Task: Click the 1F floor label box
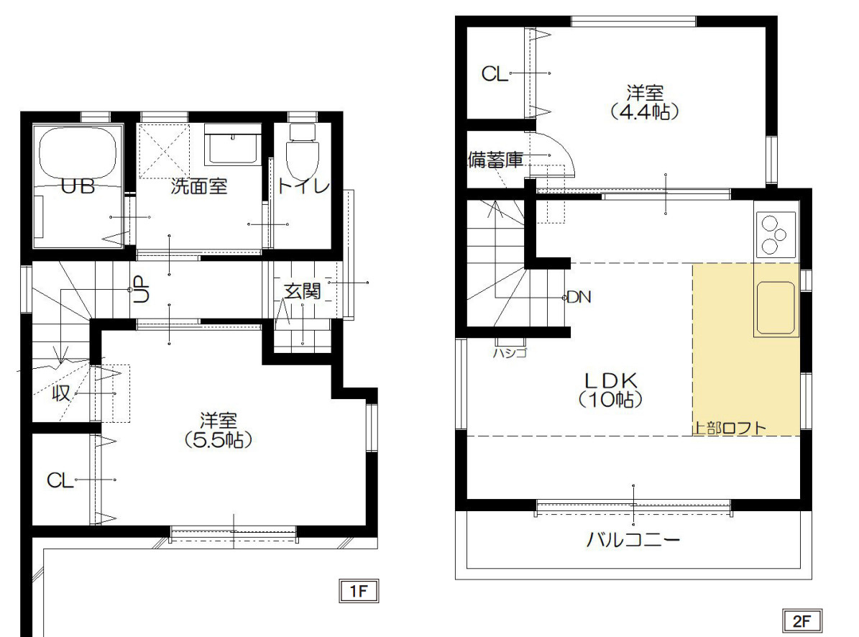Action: (359, 591)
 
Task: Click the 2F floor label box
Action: (801, 620)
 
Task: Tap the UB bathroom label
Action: (78, 186)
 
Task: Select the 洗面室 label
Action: (199, 186)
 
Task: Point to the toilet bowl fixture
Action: (303, 151)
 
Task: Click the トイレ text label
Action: (303, 186)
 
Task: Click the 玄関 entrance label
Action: (302, 291)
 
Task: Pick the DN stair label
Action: (579, 298)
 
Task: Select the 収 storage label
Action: (61, 393)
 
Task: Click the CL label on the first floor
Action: (60, 480)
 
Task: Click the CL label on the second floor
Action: (495, 73)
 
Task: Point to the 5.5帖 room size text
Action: (218, 440)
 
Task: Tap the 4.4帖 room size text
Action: (645, 111)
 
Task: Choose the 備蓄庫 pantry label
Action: (496, 160)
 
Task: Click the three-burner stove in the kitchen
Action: (775, 234)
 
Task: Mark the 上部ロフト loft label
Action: (730, 428)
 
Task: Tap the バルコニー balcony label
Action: (633, 540)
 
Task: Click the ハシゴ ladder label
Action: (510, 353)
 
